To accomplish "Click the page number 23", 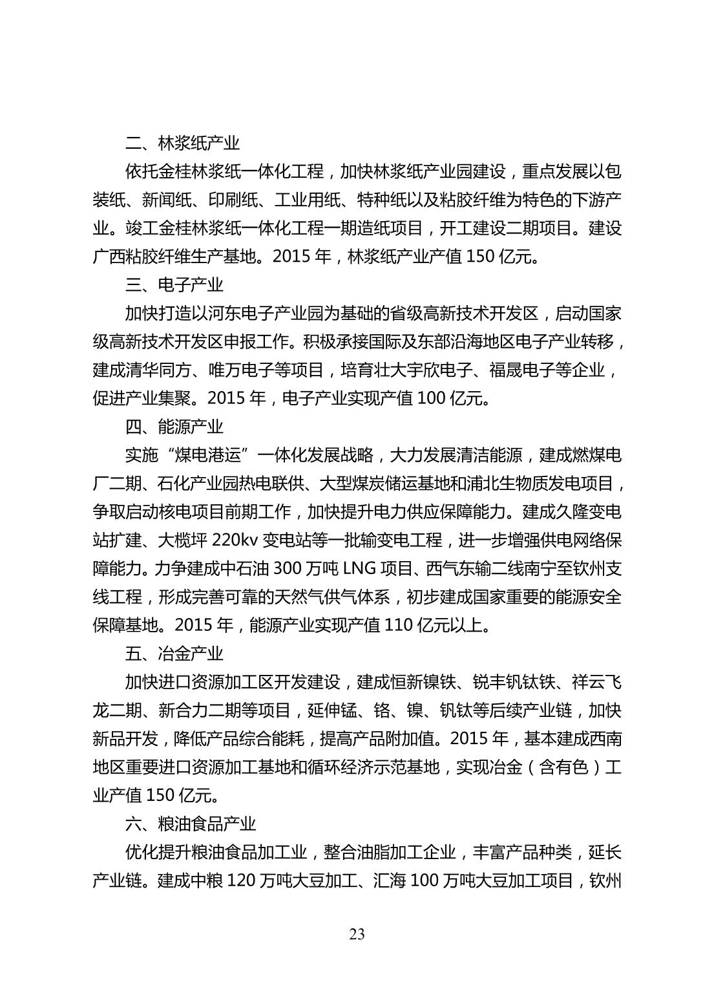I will (357, 934).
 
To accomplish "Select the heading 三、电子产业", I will (174, 285).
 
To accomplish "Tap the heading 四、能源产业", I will (174, 427).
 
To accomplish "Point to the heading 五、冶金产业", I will (174, 654).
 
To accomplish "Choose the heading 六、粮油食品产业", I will (191, 824).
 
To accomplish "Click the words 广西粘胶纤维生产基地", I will (174, 257).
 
